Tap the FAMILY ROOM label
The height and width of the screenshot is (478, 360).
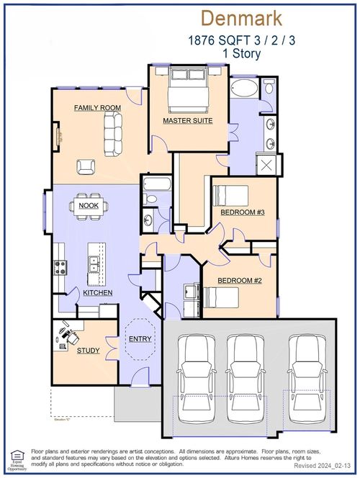[97, 108]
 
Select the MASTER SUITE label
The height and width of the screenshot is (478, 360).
[187, 121]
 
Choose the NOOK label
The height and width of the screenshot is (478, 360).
[89, 206]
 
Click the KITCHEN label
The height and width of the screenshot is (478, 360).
[97, 293]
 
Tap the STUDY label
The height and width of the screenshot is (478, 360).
[68, 350]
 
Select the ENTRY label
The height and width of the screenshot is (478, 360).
[138, 339]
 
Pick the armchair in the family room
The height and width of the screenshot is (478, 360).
[86, 167]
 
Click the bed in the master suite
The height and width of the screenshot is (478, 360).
[189, 89]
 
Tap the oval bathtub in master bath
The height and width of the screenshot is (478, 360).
[244, 89]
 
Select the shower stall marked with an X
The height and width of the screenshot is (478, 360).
[268, 165]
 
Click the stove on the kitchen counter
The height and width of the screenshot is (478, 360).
[59, 267]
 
